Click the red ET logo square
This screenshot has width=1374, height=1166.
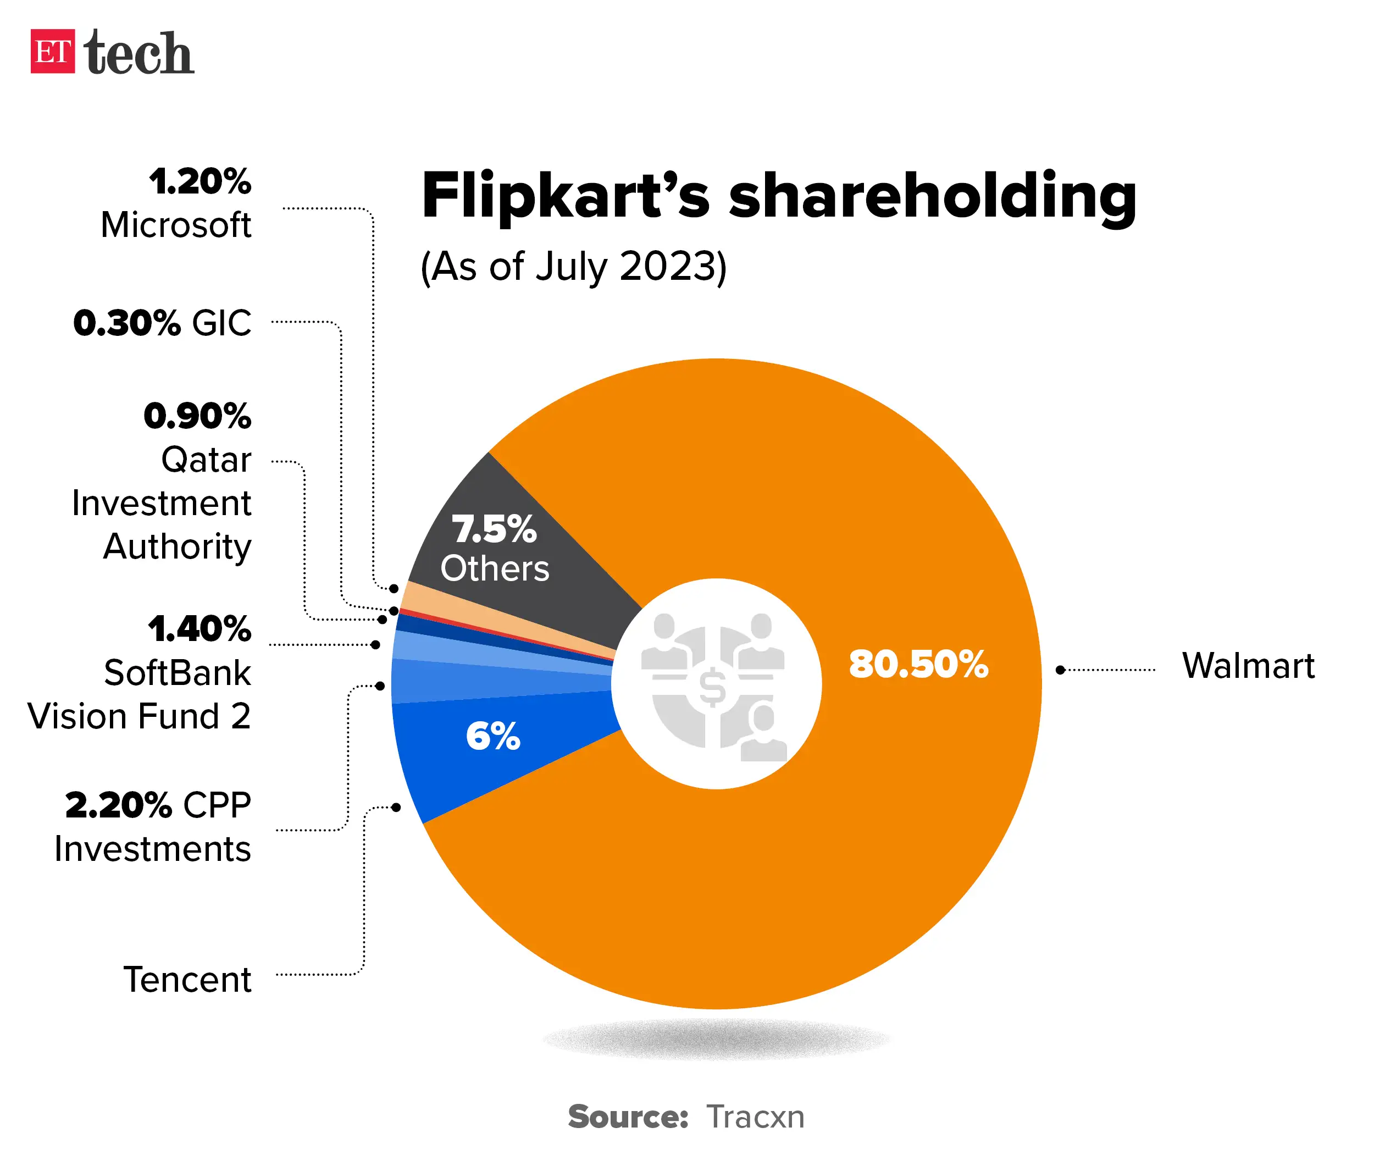(x=52, y=51)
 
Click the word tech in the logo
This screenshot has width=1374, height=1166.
(x=139, y=53)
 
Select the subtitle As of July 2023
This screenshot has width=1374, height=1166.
(x=574, y=267)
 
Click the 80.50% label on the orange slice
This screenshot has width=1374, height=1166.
(x=918, y=664)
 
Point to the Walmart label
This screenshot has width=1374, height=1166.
(x=1247, y=666)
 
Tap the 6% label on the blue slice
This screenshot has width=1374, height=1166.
(x=493, y=736)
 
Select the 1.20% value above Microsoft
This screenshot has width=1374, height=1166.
(x=200, y=181)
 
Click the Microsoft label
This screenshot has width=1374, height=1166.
(x=176, y=225)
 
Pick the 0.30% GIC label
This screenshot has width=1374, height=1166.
(x=163, y=323)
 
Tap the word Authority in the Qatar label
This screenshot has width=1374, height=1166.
(x=177, y=546)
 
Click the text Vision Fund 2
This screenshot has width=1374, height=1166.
(x=139, y=716)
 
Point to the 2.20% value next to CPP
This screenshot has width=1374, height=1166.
(x=119, y=805)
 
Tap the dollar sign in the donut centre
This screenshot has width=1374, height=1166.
(x=712, y=687)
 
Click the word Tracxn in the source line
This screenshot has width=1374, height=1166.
(x=755, y=1117)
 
